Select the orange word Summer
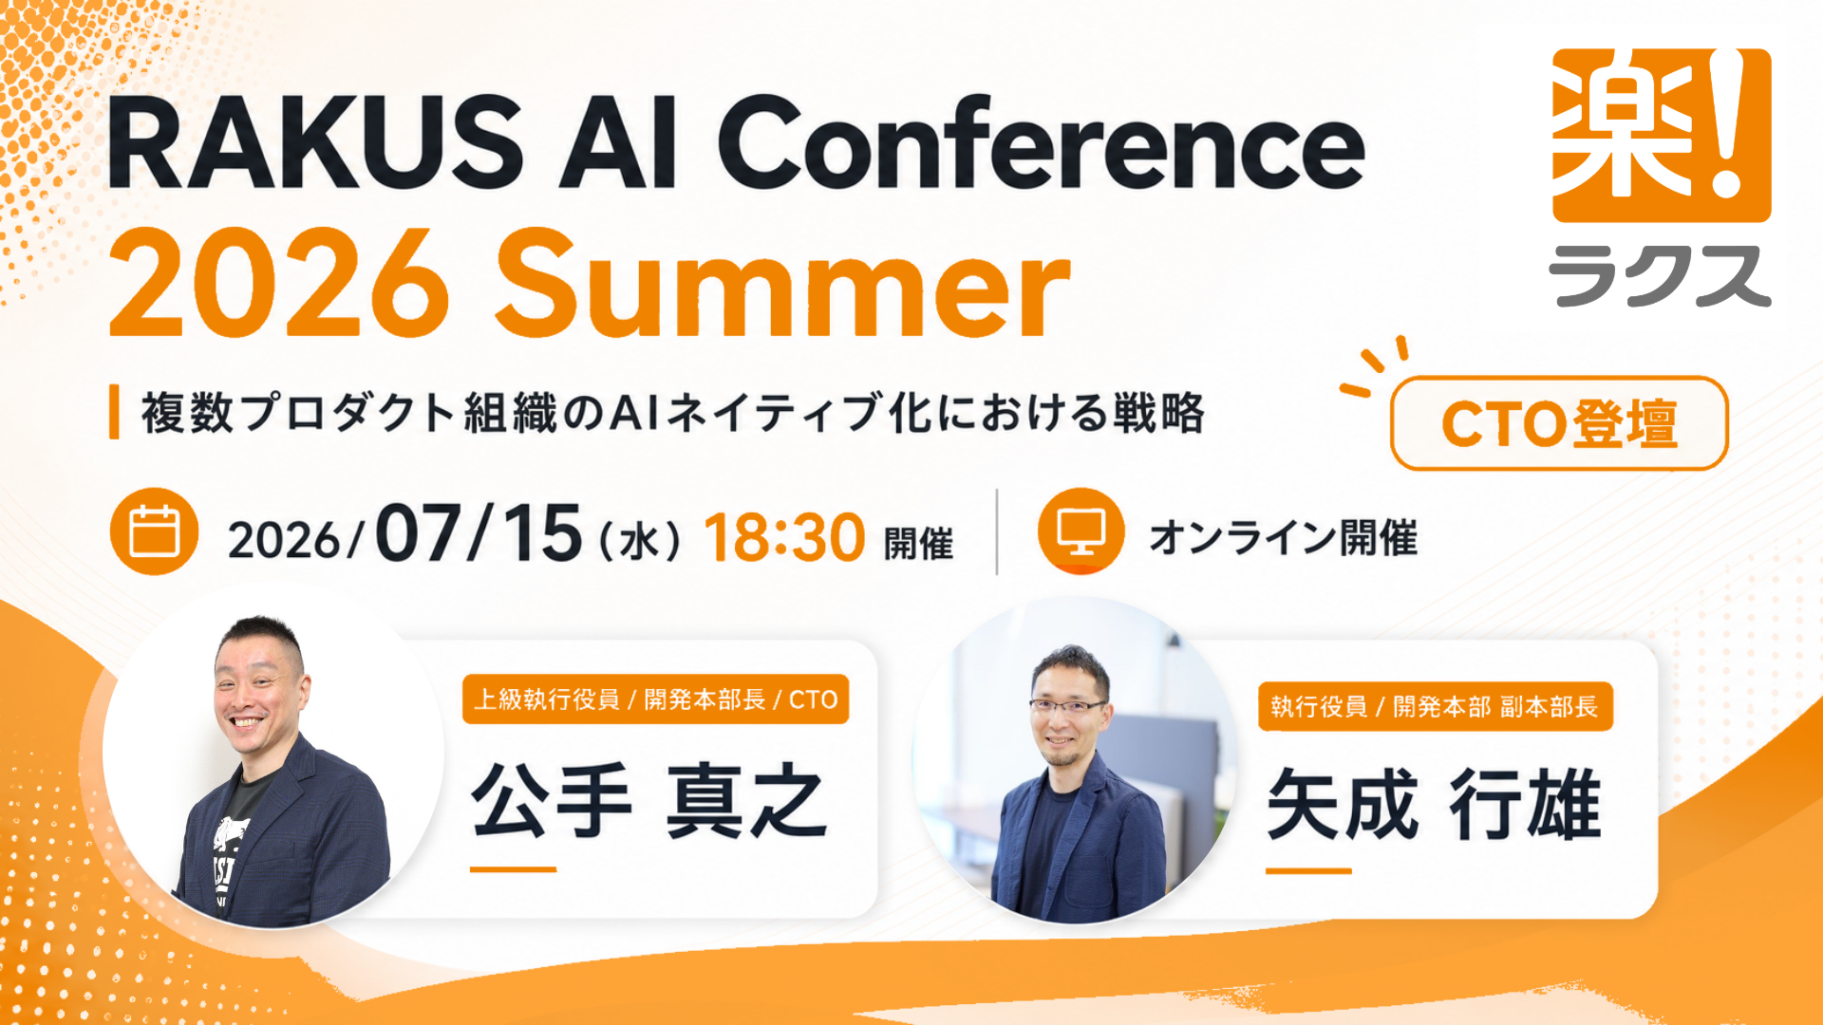[782, 284]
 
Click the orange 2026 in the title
[279, 284]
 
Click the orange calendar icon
[154, 531]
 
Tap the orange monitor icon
[1081, 531]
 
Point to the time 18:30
[784, 538]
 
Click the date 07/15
[479, 533]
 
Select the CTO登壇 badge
[1559, 423]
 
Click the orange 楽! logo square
[1662, 135]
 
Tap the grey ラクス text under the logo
[1660, 275]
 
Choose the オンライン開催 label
[1284, 538]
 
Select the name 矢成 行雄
[1434, 805]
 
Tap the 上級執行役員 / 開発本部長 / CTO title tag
[655, 699]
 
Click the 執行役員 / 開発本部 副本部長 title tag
[1435, 707]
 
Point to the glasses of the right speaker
[1068, 705]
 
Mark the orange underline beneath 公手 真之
[514, 868]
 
